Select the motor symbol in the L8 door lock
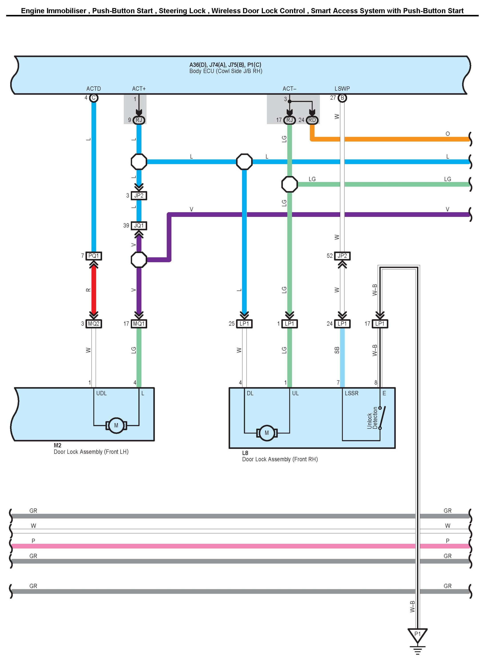267,433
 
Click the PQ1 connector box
94,256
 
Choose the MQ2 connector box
94,324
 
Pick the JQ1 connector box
139,226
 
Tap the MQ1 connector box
139,324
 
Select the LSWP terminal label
342,88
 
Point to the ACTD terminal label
93,88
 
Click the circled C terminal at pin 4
94,98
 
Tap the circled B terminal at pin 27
342,98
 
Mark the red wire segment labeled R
94,289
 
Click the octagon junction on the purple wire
139,260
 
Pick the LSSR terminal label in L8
351,393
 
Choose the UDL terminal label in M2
101,393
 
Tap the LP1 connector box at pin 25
244,324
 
